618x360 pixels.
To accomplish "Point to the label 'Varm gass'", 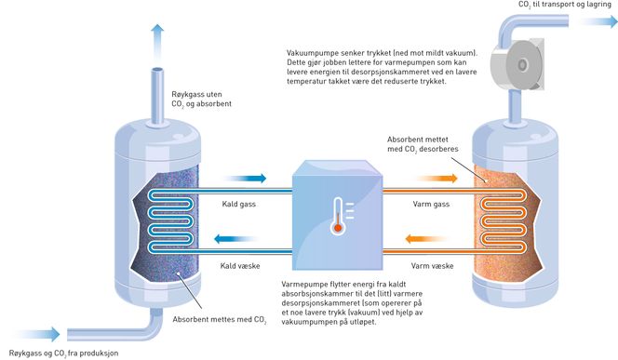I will point(431,204).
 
